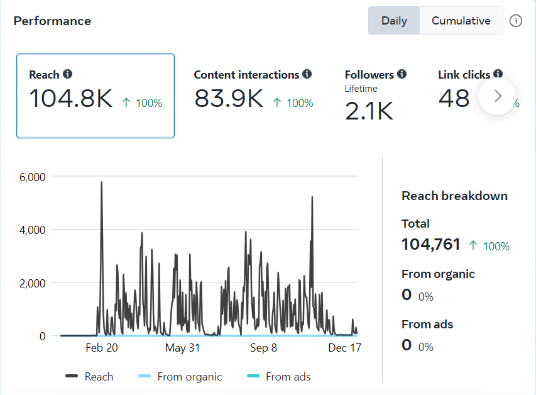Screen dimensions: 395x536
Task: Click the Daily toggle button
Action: (394, 21)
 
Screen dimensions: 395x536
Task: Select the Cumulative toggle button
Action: (461, 21)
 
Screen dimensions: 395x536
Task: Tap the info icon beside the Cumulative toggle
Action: (516, 21)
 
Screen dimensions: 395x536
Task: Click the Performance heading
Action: (52, 21)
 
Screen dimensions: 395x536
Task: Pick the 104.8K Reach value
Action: (71, 99)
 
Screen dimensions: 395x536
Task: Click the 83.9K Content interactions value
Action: (229, 99)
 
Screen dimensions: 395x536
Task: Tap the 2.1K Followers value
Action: (369, 111)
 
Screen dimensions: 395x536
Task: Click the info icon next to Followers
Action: (402, 74)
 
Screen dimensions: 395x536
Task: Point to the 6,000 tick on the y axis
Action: (33, 177)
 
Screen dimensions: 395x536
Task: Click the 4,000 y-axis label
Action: (33, 230)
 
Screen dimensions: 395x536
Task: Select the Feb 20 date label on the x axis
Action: (102, 348)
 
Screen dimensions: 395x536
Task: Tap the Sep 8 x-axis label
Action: (263, 348)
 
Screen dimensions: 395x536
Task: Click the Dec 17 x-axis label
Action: (345, 348)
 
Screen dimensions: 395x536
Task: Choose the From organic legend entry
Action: (189, 377)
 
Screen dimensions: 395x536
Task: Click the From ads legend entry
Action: (288, 377)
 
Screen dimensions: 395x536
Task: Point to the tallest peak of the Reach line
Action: (101, 182)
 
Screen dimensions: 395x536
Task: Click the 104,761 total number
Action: (431, 245)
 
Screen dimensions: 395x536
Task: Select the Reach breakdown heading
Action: (454, 196)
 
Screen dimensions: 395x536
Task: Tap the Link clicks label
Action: (464, 74)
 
